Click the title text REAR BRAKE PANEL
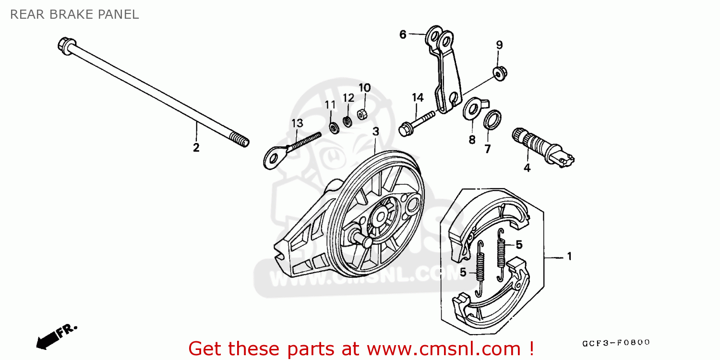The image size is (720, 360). click(74, 14)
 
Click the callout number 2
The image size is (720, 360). click(196, 148)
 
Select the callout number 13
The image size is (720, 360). click(297, 123)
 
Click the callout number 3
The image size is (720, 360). click(375, 131)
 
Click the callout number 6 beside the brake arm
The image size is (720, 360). click(403, 34)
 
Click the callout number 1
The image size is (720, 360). click(569, 257)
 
